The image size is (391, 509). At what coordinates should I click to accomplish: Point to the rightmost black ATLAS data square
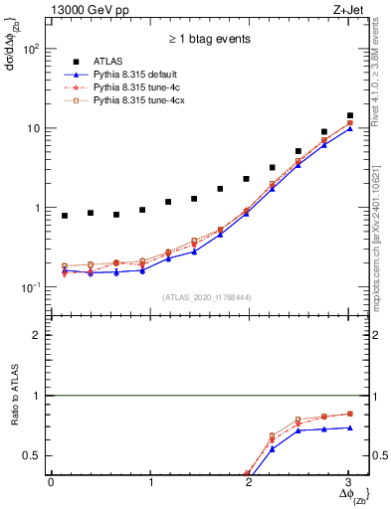349,115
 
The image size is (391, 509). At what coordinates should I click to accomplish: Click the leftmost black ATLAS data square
65,216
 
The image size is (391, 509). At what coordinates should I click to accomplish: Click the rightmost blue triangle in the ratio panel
349,427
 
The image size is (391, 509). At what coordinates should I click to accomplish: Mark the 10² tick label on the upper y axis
32,49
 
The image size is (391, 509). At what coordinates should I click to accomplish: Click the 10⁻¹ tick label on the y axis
32,287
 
